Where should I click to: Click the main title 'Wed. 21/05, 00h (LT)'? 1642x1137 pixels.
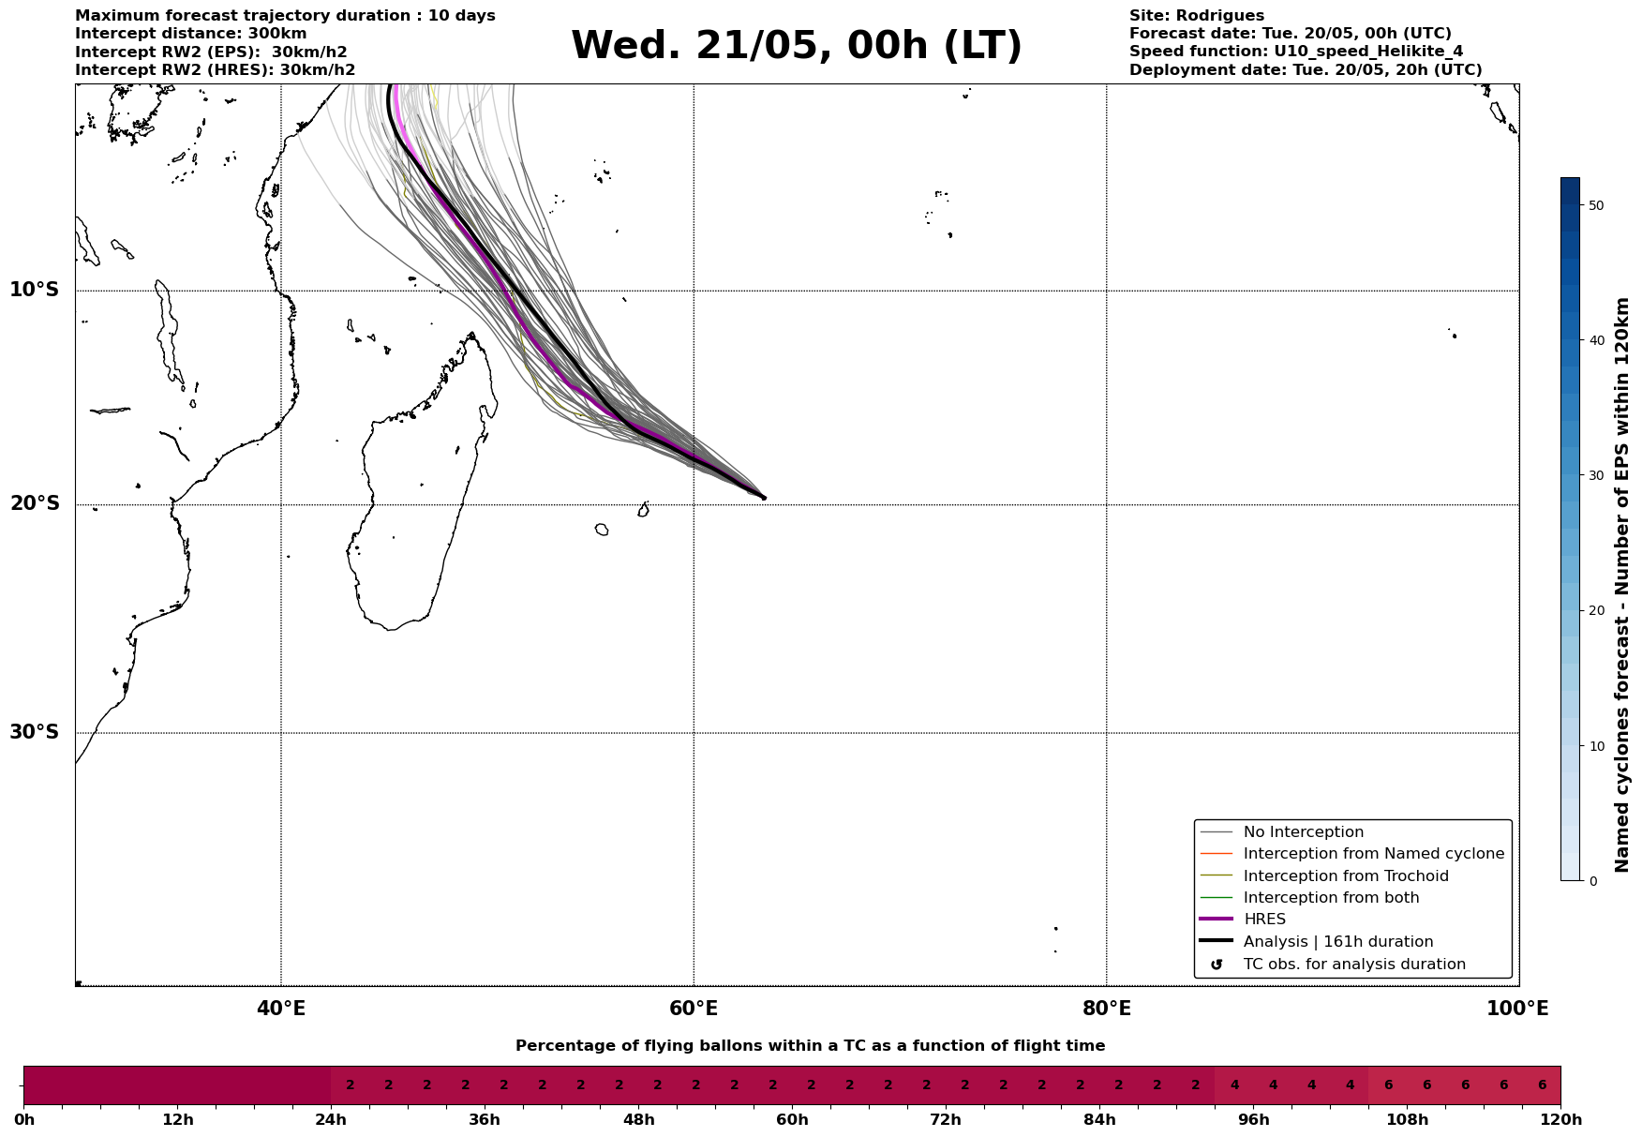pyautogui.click(x=796, y=46)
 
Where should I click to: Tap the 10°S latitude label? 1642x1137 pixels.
pyautogui.click(x=35, y=290)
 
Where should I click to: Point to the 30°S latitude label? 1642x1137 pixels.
pyautogui.click(x=35, y=732)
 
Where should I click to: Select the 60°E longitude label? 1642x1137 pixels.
pyautogui.click(x=694, y=1010)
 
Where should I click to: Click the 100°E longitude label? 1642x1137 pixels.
pyautogui.click(x=1517, y=1010)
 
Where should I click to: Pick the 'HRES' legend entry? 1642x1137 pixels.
pyautogui.click(x=1264, y=920)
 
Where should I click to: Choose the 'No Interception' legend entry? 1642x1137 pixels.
pyautogui.click(x=1303, y=832)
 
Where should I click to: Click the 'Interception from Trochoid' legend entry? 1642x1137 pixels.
pyautogui.click(x=1345, y=876)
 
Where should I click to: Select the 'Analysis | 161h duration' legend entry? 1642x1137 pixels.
pyautogui.click(x=1337, y=942)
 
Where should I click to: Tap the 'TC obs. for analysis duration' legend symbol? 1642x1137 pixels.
pyautogui.click(x=1217, y=965)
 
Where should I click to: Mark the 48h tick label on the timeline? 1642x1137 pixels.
pyautogui.click(x=638, y=1120)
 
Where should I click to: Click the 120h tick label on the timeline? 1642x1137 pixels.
pyautogui.click(x=1560, y=1120)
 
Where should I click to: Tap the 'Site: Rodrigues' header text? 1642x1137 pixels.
pyautogui.click(x=1196, y=16)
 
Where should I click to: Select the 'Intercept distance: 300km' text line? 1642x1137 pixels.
pyautogui.click(x=190, y=34)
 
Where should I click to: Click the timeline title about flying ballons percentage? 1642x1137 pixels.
pyautogui.click(x=810, y=1046)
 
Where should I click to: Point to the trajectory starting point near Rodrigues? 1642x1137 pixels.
pyautogui.click(x=763, y=498)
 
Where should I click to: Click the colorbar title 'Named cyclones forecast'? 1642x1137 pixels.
pyautogui.click(x=1622, y=585)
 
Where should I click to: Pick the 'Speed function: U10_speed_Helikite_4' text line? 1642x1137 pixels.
pyautogui.click(x=1295, y=52)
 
